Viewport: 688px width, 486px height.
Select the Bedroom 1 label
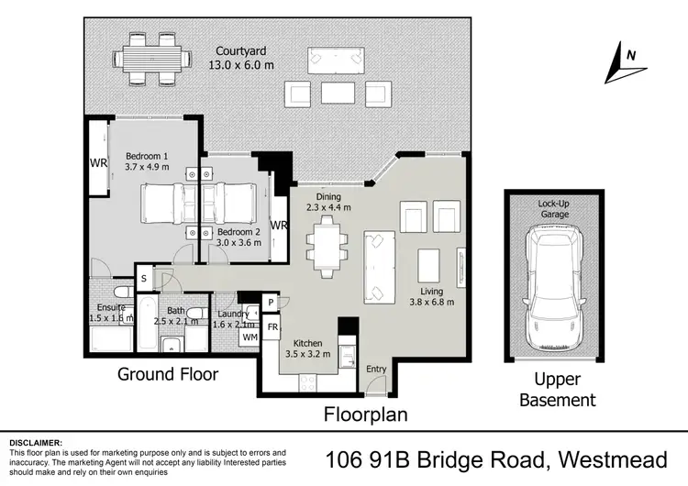coord(148,161)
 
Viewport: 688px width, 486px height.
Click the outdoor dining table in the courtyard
coord(147,58)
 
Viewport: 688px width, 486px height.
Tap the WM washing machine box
coord(250,338)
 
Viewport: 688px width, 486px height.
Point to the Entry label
coord(376,369)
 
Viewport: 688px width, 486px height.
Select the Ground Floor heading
coord(168,374)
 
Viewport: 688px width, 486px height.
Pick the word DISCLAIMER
coord(36,442)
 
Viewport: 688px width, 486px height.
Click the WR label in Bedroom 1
coord(99,164)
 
